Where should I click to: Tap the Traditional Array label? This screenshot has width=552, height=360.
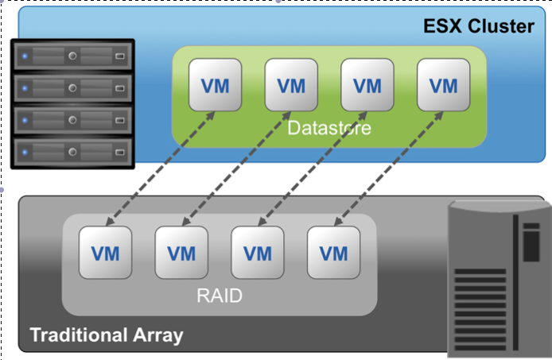106,335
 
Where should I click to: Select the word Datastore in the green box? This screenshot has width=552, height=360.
328,128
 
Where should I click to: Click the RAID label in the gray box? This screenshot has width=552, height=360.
219,296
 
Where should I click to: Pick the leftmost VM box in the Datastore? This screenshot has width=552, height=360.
214,85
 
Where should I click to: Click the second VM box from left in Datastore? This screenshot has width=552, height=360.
290,85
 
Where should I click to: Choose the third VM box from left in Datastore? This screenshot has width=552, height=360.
367,85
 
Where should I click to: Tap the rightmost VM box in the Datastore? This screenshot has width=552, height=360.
443,85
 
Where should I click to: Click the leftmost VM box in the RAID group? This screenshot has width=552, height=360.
105,253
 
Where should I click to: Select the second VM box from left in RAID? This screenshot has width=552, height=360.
181,253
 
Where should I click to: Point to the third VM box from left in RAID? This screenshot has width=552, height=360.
258,253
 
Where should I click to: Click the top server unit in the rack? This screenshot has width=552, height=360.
72,56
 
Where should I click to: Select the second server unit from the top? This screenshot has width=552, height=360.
72,87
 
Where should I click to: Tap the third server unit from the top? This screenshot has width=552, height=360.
72,118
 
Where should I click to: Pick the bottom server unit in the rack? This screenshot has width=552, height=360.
72,149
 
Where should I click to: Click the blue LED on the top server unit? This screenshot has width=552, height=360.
25,56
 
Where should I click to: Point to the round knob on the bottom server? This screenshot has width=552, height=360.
72,149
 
